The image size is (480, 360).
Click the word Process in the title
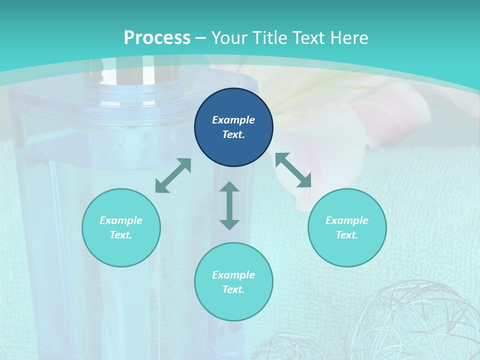coord(157,37)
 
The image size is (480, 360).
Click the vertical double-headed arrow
coord(229,205)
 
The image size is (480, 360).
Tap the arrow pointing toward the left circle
coord(173,175)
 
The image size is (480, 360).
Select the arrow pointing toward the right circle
coord(293,170)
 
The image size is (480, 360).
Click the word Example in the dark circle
coord(233,120)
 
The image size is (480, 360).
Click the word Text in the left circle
coord(121,235)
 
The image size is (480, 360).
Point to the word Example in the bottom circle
coord(233,275)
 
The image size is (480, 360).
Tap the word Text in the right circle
coord(347,235)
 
